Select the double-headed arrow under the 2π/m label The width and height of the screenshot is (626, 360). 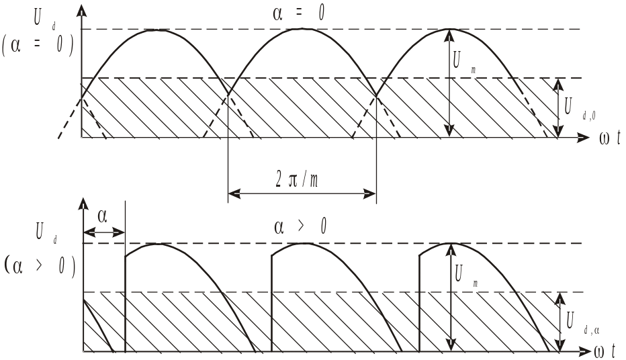[302, 194]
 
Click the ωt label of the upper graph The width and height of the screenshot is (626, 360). [609, 138]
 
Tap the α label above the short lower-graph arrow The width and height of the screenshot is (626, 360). [102, 217]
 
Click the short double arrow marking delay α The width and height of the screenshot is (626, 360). [104, 232]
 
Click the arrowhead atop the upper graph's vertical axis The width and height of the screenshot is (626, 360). [81, 9]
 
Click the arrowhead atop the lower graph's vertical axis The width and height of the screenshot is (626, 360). [83, 204]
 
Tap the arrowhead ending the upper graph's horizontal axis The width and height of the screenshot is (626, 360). [582, 138]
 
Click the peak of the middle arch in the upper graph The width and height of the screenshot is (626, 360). [304, 29]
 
